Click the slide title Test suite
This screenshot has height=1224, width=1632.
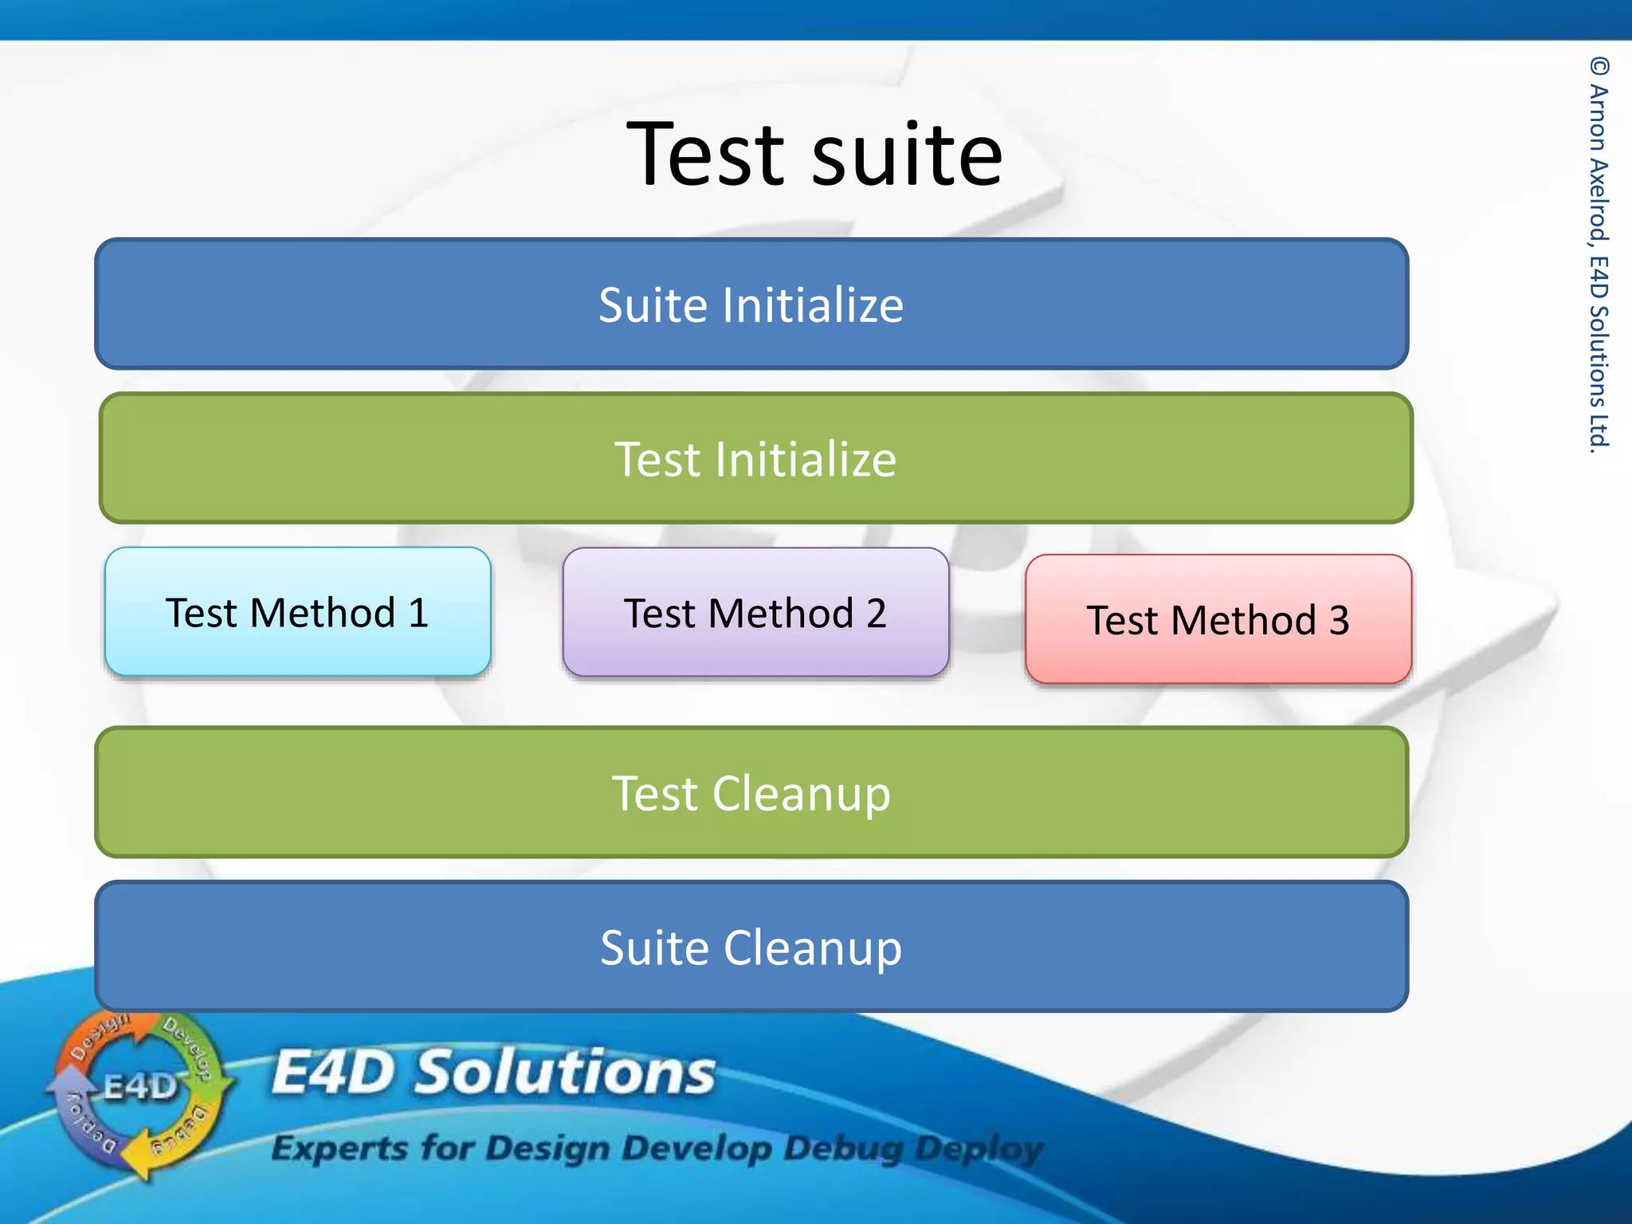coord(814,155)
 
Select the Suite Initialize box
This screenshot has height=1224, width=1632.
coord(751,304)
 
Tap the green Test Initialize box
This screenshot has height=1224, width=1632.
coord(755,459)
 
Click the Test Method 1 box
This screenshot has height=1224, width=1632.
coord(297,612)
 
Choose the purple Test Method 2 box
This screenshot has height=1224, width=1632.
coord(755,612)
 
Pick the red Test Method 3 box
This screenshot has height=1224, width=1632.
coord(1218,619)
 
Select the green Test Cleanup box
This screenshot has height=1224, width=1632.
coord(751,793)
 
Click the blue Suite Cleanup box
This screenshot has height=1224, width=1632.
coord(751,947)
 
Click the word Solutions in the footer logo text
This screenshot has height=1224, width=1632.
coord(566,1072)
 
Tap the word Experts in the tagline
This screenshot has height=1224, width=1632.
coord(339,1148)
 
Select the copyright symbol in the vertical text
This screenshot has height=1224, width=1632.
coord(1599,65)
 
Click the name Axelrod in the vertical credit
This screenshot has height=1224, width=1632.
coord(1599,200)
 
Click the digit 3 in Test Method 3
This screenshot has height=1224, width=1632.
coord(1339,620)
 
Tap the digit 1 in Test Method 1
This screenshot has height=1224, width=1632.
coord(419,613)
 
